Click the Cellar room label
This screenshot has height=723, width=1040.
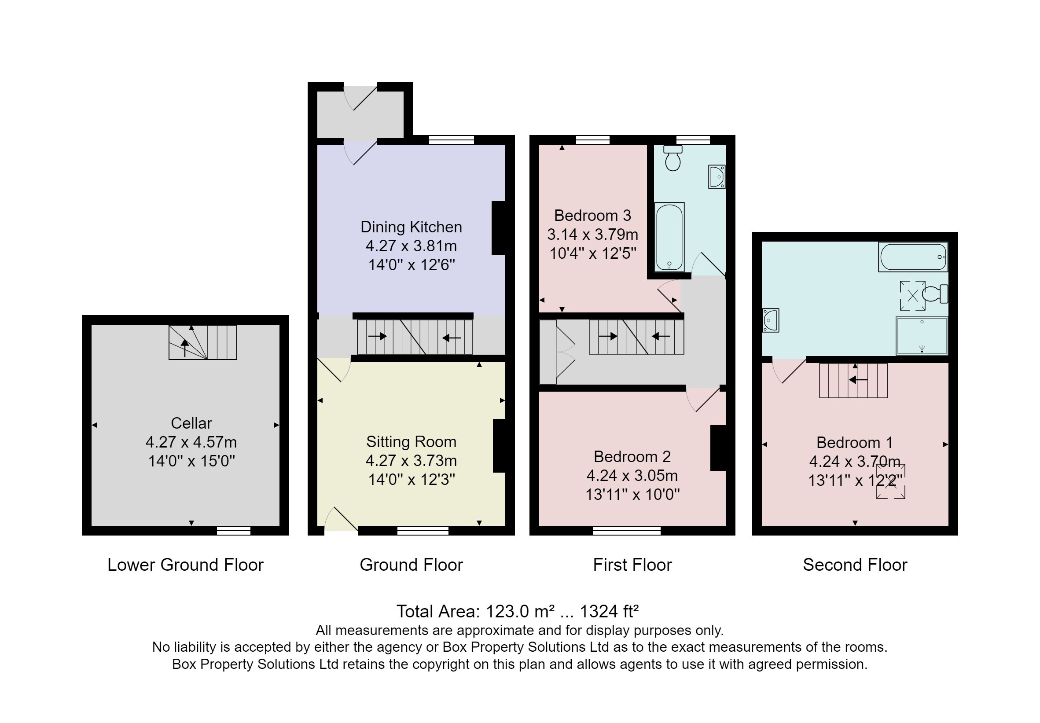pyautogui.click(x=191, y=423)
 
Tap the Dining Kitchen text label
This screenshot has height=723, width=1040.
pyautogui.click(x=411, y=227)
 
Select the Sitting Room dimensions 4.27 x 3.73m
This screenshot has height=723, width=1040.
pyautogui.click(x=411, y=461)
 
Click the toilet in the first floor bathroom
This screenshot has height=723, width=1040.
pyautogui.click(x=673, y=158)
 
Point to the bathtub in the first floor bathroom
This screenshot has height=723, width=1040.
pyautogui.click(x=669, y=237)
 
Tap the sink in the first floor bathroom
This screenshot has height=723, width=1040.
pyautogui.click(x=717, y=176)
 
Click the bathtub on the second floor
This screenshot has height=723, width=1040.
pyautogui.click(x=913, y=257)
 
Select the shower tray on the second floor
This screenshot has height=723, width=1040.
pyautogui.click(x=921, y=336)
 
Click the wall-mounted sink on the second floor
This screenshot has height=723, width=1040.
pyautogui.click(x=770, y=320)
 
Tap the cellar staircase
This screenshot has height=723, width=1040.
pyautogui.click(x=202, y=342)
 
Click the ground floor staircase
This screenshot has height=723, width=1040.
pyautogui.click(x=415, y=337)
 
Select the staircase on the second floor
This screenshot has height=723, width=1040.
pyautogui.click(x=853, y=381)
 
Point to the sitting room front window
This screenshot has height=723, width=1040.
pyautogui.click(x=423, y=530)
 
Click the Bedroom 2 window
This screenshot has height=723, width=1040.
pyautogui.click(x=626, y=530)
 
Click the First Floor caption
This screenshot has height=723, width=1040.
pyautogui.click(x=632, y=565)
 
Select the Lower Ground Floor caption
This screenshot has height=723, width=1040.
pyautogui.click(x=185, y=565)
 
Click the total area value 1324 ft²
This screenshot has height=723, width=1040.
pyautogui.click(x=609, y=612)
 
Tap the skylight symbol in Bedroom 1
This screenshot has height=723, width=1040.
pyautogui.click(x=890, y=481)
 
